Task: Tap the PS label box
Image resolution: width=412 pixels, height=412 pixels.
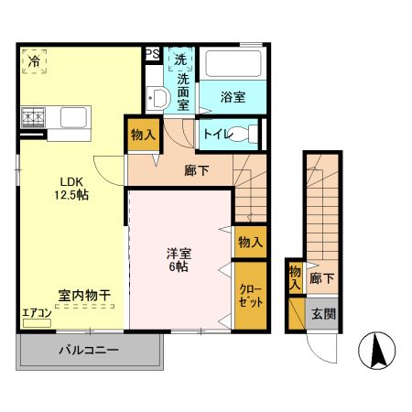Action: (x=153, y=55)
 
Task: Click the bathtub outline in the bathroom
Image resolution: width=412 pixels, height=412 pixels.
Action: (x=233, y=64)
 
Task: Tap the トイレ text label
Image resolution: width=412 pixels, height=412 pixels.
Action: (x=218, y=134)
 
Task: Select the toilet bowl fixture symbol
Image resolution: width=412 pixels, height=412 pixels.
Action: (x=246, y=134)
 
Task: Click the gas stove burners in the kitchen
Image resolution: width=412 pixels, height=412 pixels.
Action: (x=34, y=117)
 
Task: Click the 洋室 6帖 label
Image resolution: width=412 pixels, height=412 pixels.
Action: (x=179, y=259)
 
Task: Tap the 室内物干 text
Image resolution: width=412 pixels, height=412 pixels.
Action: (x=84, y=295)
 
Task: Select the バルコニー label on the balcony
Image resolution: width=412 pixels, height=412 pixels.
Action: (x=89, y=350)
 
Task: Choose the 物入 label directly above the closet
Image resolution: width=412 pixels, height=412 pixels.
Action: (x=250, y=242)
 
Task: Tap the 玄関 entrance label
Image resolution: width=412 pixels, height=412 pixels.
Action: (x=322, y=313)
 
